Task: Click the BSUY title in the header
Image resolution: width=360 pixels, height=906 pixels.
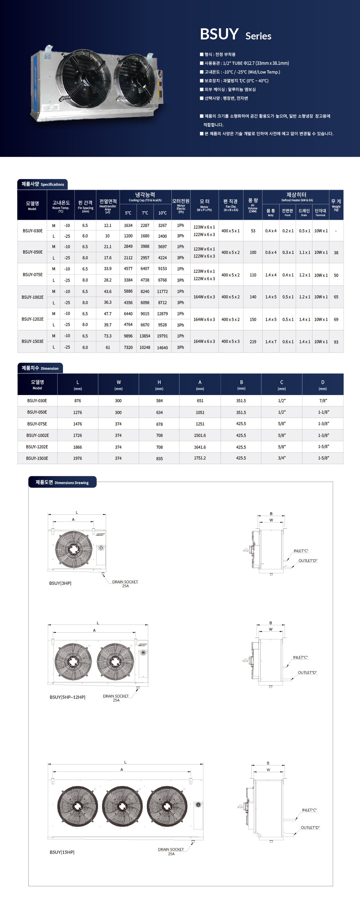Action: [219, 34]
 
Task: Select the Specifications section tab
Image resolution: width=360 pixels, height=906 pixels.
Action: [42, 184]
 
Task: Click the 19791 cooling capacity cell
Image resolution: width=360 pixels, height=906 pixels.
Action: [162, 336]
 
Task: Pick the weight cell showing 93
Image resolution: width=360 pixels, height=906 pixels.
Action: [336, 342]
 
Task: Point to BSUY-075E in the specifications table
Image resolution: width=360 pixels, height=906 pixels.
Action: [32, 275]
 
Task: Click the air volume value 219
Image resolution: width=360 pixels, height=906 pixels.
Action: [253, 342]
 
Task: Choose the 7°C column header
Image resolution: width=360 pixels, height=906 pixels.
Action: [145, 213]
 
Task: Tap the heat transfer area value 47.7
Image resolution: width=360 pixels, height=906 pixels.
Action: [107, 314]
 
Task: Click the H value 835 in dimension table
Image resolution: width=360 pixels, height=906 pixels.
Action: [159, 459]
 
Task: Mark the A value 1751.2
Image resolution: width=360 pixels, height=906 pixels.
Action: [200, 458]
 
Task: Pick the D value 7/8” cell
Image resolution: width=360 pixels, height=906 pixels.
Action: [323, 401]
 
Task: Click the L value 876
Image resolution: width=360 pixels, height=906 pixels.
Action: [78, 401]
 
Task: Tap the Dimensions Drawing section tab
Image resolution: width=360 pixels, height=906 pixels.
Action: [62, 483]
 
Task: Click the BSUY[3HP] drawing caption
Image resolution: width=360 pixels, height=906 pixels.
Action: [60, 583]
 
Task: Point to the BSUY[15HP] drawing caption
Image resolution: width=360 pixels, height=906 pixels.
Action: [62, 852]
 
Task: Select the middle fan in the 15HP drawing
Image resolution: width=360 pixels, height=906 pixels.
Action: [122, 806]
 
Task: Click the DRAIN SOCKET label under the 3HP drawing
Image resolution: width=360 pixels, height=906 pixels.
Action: [125, 582]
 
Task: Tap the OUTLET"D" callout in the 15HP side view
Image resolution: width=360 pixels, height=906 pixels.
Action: [310, 827]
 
